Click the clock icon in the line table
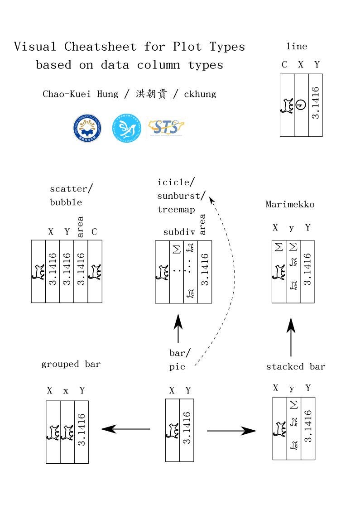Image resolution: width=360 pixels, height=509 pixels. [x=301, y=105]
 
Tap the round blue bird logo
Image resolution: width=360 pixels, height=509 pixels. [x=126, y=129]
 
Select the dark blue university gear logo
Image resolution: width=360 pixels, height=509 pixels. [x=87, y=129]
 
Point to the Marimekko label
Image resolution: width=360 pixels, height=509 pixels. [x=290, y=204]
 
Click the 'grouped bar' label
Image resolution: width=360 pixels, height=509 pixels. [x=71, y=364]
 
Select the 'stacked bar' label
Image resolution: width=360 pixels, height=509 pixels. [x=296, y=366]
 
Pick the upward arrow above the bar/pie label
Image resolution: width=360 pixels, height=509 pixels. [x=178, y=329]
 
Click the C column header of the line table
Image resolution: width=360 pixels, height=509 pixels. [x=284, y=65]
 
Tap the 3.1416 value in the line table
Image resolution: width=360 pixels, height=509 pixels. [x=316, y=103]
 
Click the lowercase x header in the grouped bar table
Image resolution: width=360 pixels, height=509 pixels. [x=66, y=390]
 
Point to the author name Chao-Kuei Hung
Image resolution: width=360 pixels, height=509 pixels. [x=80, y=94]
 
